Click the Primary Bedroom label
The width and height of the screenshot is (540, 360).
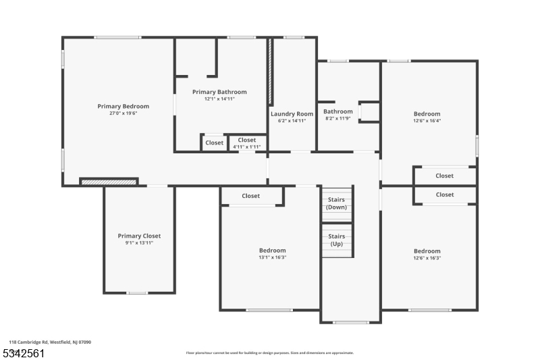pyautogui.click(x=123, y=106)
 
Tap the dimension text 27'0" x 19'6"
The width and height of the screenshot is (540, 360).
pyautogui.click(x=123, y=113)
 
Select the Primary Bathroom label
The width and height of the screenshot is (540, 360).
pyautogui.click(x=219, y=92)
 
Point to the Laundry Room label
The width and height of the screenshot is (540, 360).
pyautogui.click(x=292, y=113)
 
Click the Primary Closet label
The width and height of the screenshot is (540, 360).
pyautogui.click(x=139, y=236)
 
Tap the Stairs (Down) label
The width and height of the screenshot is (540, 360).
pyautogui.click(x=336, y=203)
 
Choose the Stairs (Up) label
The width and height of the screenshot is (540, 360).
pyautogui.click(x=336, y=240)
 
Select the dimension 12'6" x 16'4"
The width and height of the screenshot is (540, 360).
pyautogui.click(x=427, y=122)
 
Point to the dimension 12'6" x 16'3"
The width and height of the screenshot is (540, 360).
pyautogui.click(x=427, y=258)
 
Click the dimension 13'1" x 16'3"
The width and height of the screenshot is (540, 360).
pyautogui.click(x=272, y=258)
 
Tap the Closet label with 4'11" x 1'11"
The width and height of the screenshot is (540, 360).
pyautogui.click(x=246, y=143)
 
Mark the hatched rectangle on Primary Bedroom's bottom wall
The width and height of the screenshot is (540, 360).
pyautogui.click(x=109, y=181)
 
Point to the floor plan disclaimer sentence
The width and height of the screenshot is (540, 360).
pyautogui.click(x=269, y=353)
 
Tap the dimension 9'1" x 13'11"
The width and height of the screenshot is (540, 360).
pyautogui.click(x=139, y=243)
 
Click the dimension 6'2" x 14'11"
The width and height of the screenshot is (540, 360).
pyautogui.click(x=292, y=121)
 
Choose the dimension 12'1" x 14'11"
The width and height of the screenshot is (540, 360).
pyautogui.click(x=219, y=99)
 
